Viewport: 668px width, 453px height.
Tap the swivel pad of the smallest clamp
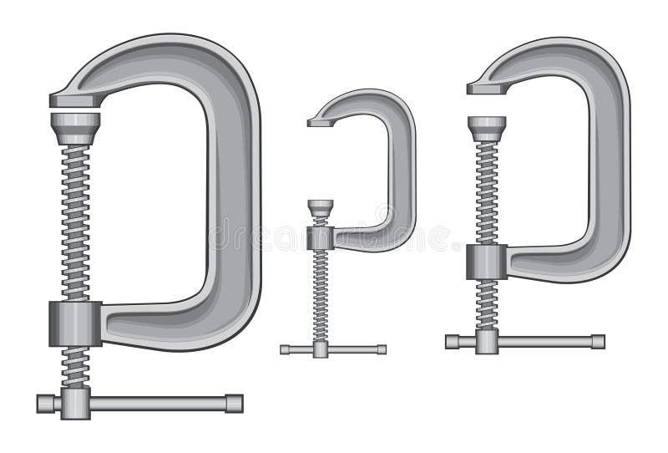tap(319, 208)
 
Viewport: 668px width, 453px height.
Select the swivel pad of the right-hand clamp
tap(486, 126)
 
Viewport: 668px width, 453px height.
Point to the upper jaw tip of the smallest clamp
tap(317, 122)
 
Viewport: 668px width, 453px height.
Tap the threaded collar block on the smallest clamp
tap(319, 238)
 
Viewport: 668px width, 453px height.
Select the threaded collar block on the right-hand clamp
tap(485, 261)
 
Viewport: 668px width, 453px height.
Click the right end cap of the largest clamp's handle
tap(235, 403)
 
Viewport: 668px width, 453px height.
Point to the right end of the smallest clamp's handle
tap(382, 349)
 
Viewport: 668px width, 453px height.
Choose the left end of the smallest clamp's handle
tap(285, 349)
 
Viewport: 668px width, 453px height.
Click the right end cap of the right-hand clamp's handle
tap(599, 341)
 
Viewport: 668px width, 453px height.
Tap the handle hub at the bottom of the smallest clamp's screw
tap(319, 349)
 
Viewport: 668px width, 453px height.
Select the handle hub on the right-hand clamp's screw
tap(485, 341)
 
